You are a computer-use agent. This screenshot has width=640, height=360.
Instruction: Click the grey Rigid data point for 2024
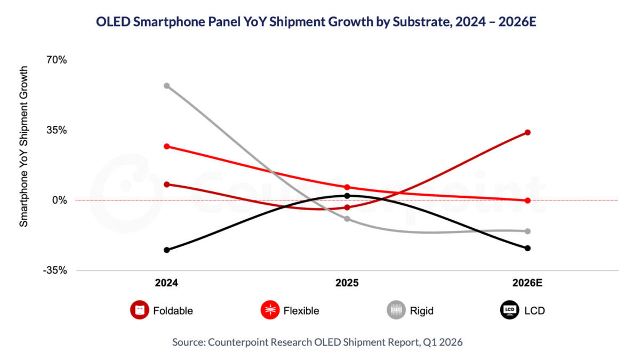click(167, 86)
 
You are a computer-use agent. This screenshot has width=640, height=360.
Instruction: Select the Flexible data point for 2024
click(167, 146)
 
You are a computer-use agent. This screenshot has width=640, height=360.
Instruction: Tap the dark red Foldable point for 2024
click(167, 185)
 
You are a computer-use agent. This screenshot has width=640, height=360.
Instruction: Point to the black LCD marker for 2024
click(167, 250)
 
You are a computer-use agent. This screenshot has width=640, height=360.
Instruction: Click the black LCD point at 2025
click(347, 196)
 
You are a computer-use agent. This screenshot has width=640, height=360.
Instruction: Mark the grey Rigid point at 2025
click(347, 219)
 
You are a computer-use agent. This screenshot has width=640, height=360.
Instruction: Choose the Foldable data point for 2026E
click(527, 132)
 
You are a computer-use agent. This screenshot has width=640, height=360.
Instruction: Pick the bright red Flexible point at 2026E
click(527, 201)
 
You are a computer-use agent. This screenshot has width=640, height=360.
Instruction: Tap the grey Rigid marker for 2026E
click(527, 231)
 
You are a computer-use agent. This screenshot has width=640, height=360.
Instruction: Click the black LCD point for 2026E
click(527, 248)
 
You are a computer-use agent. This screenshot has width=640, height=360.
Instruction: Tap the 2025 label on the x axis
click(347, 283)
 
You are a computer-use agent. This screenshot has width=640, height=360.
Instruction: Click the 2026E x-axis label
click(528, 283)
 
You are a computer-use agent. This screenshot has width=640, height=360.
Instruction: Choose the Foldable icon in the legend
click(139, 310)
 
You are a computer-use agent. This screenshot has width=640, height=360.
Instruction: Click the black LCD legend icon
click(509, 310)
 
